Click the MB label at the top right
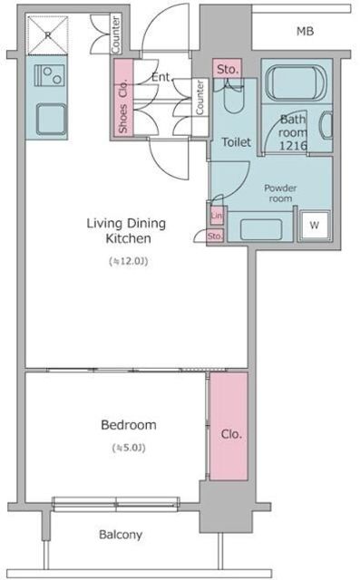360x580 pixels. point(305,32)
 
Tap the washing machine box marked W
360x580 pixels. point(315,225)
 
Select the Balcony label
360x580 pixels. point(121,535)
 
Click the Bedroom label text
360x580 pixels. point(129,425)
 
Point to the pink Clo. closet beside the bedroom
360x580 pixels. point(229,426)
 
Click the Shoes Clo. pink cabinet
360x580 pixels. point(123,97)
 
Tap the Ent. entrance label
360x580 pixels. point(161,77)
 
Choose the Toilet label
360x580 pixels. point(236,142)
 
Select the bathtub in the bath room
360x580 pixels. point(297,82)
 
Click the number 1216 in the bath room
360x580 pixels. point(293,145)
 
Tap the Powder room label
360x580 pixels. point(280,193)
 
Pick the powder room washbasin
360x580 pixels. point(261,229)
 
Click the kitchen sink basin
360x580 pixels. point(51,119)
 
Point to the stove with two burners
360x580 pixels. point(50,75)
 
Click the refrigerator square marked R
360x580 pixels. point(48,35)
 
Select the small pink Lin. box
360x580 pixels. point(217,216)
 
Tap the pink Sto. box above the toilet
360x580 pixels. point(228,69)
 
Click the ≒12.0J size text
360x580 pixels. point(129,261)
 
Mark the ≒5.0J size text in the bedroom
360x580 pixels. point(129,448)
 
